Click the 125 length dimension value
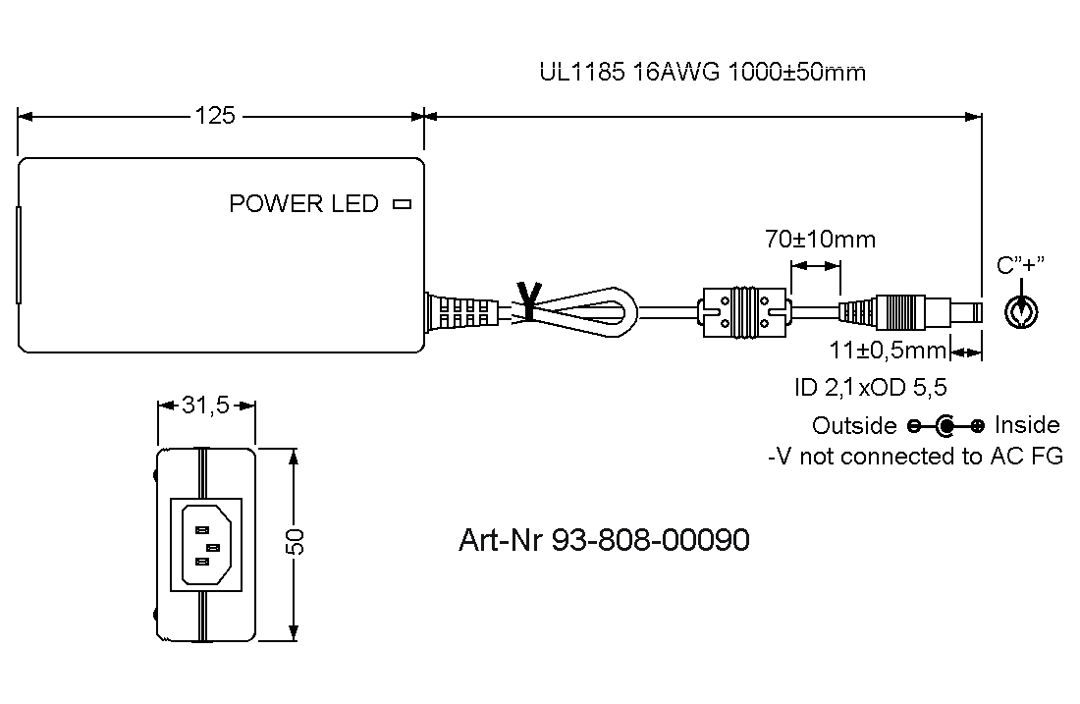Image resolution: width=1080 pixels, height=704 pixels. pos(215,116)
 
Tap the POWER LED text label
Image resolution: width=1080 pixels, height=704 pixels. pos(303,204)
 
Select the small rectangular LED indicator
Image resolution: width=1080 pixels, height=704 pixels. pos(401,204)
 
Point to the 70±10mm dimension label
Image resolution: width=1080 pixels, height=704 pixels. pos(820,239)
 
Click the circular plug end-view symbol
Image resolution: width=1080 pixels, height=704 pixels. pos(1022,312)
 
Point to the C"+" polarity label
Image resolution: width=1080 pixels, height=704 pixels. pos(1021,265)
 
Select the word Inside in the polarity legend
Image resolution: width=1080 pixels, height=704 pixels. pos(1027,425)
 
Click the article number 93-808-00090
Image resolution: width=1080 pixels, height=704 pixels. pos(604,540)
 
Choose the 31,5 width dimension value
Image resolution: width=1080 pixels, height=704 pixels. pos(205,406)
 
